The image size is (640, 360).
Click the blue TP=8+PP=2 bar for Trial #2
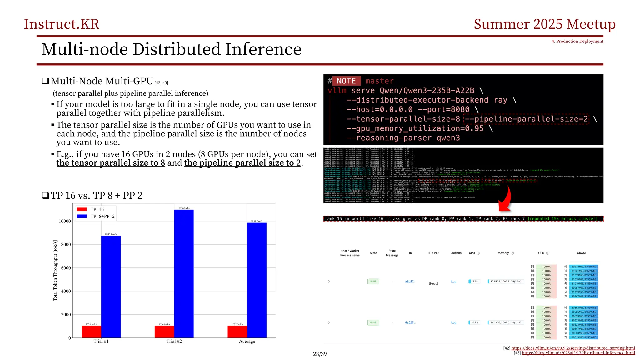(184, 273)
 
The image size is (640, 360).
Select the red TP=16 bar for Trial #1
(92, 332)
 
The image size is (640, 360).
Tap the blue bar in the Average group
(257, 280)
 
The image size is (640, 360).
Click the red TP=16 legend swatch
(82, 209)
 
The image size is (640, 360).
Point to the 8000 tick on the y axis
(66, 245)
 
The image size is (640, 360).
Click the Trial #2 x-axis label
(174, 341)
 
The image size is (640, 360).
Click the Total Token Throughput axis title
(55, 270)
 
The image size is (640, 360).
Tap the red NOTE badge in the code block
(346, 81)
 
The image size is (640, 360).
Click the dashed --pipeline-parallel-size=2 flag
(526, 119)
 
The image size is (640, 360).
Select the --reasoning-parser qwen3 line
(403, 138)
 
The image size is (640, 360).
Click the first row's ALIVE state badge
(373, 282)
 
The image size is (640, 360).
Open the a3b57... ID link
(410, 282)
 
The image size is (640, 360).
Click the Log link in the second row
(453, 322)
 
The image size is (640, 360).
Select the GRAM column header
(581, 253)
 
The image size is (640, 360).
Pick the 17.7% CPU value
(474, 282)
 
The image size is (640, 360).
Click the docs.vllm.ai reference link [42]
(573, 348)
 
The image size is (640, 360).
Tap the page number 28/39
(320, 354)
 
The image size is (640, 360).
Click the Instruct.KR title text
(62, 24)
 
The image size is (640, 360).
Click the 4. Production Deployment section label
(577, 41)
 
